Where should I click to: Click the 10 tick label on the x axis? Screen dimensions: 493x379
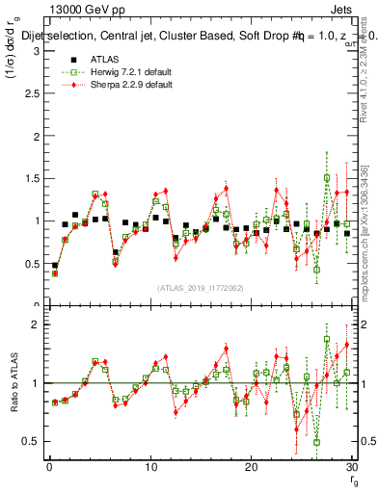149,467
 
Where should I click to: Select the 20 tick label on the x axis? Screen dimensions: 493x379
251,467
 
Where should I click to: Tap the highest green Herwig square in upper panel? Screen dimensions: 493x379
327,178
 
